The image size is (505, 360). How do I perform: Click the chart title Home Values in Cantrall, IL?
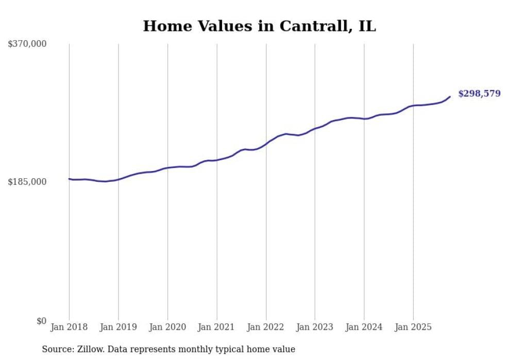click(x=259, y=26)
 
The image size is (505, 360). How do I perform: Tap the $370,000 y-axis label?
click(x=27, y=44)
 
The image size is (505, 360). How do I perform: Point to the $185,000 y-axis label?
click(x=27, y=182)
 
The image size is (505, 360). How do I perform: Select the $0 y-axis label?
click(x=41, y=321)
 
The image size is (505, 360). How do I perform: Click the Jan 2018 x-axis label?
click(x=69, y=327)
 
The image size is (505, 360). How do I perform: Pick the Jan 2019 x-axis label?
click(x=119, y=327)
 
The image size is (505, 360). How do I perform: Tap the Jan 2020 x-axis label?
click(x=167, y=327)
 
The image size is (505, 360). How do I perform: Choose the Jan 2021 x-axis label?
click(x=216, y=327)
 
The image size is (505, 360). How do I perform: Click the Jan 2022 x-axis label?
click(x=266, y=327)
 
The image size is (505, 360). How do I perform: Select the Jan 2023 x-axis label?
click(x=315, y=327)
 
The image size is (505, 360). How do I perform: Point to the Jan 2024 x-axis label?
click(x=364, y=327)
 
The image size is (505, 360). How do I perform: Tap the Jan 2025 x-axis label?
click(x=413, y=327)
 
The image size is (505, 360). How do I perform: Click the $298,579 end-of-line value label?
click(x=479, y=94)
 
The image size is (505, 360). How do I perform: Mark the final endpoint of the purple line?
click(x=450, y=97)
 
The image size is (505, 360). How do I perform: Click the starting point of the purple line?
click(x=69, y=179)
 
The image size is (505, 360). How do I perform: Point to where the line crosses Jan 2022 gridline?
click(x=266, y=143)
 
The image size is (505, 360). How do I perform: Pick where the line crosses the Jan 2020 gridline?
click(x=167, y=168)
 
